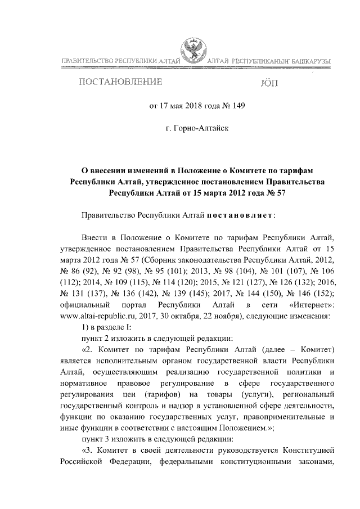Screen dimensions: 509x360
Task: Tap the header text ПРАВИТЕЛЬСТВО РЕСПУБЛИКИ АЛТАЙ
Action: coord(119,61)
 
